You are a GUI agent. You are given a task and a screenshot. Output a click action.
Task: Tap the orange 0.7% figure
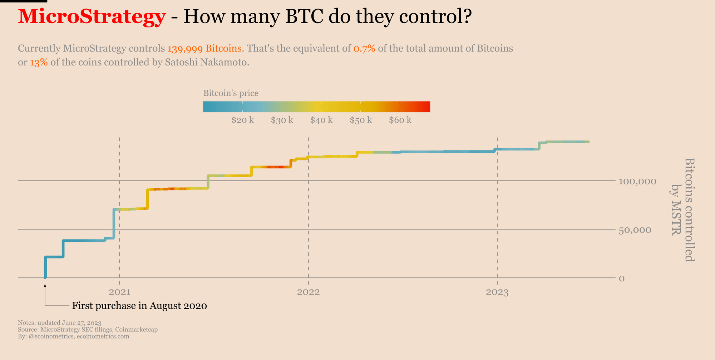(x=364, y=48)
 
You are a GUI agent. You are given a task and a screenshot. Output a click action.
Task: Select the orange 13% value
(x=39, y=63)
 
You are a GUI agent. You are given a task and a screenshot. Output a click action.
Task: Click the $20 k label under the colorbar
(x=242, y=120)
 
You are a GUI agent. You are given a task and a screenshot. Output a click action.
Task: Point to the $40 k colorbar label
(x=321, y=120)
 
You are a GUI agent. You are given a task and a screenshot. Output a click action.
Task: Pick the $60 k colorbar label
(x=400, y=120)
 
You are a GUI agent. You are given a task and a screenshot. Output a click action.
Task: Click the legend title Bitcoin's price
(x=231, y=93)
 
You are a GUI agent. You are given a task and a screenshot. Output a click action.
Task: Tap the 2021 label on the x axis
(x=119, y=292)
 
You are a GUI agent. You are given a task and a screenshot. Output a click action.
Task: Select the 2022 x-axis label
(x=308, y=292)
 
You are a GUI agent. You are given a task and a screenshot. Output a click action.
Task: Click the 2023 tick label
(x=497, y=292)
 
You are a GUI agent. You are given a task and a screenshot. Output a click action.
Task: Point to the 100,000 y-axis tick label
(x=637, y=182)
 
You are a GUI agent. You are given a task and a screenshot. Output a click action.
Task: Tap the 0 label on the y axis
(x=622, y=278)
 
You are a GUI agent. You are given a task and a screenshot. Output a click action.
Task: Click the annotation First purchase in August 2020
(x=139, y=306)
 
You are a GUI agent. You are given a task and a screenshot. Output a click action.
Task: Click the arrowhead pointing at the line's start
(x=45, y=286)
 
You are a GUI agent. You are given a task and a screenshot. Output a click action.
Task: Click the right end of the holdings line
(x=588, y=142)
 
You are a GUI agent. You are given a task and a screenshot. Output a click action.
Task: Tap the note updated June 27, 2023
(x=60, y=322)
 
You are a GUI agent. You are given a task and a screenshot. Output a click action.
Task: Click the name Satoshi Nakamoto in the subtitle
(x=206, y=63)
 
